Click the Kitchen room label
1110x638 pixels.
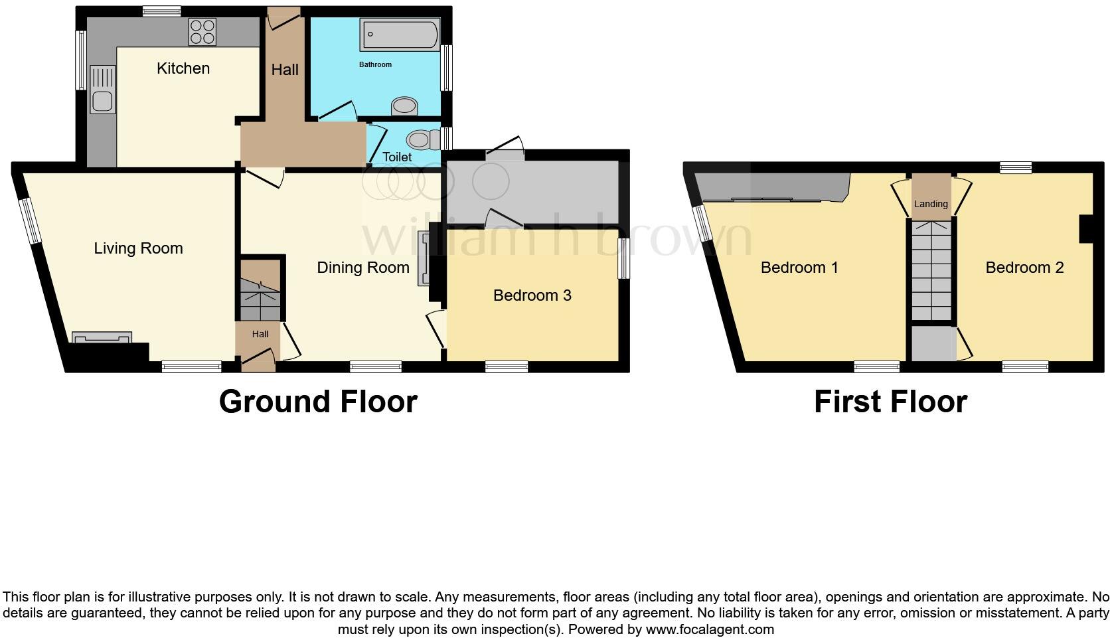[183, 68]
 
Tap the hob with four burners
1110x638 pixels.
[203, 31]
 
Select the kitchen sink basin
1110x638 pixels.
[102, 102]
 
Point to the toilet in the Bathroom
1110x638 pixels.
[404, 106]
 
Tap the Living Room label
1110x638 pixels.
[138, 248]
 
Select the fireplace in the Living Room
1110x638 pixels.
[102, 338]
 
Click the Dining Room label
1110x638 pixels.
[362, 268]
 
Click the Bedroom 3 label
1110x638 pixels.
[532, 295]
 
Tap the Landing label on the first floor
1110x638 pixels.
[931, 204]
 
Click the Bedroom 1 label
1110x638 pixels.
[799, 268]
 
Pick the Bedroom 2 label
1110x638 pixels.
[1024, 268]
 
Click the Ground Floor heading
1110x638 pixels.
[318, 402]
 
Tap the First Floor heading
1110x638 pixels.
[890, 402]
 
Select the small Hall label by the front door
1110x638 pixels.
[260, 334]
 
